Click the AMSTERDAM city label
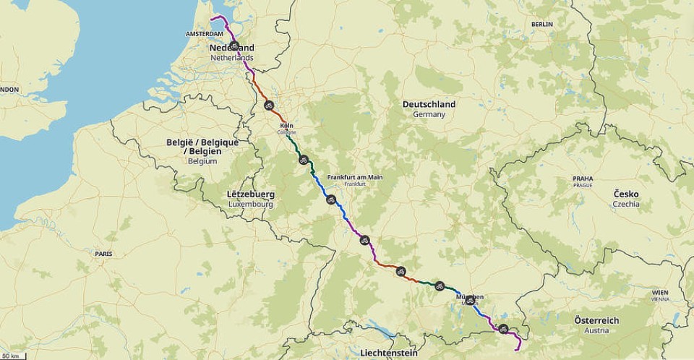point(203,34)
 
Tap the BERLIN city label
point(541,25)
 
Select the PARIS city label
point(103,254)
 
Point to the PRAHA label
point(583,178)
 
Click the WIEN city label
point(659,292)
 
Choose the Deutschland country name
point(429,104)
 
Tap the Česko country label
point(626,194)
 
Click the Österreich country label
point(596,320)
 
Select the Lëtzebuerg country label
point(250,194)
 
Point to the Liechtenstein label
point(387,353)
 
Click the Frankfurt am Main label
point(355,177)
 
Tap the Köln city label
point(286,125)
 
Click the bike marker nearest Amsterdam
point(234,45)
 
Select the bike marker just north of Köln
point(268,106)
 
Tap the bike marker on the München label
point(470,299)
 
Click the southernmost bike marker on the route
point(503,329)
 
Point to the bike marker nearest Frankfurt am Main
point(330,200)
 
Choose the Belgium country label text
point(202,162)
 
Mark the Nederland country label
point(232,48)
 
